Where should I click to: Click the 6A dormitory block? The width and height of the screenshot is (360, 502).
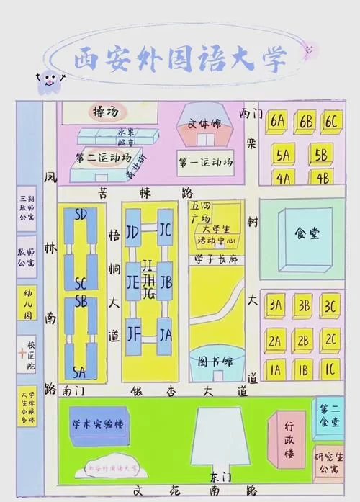click(277, 122)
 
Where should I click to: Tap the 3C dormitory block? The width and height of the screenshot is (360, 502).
click(330, 305)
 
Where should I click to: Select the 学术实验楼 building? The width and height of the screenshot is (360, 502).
click(98, 424)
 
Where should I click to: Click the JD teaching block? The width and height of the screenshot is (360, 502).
click(132, 233)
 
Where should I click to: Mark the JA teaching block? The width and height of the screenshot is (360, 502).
click(166, 335)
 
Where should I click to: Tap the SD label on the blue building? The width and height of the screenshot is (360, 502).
click(81, 215)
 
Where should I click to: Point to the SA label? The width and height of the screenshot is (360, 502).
click(79, 372)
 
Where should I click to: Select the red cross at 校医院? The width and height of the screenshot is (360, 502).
click(23, 354)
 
